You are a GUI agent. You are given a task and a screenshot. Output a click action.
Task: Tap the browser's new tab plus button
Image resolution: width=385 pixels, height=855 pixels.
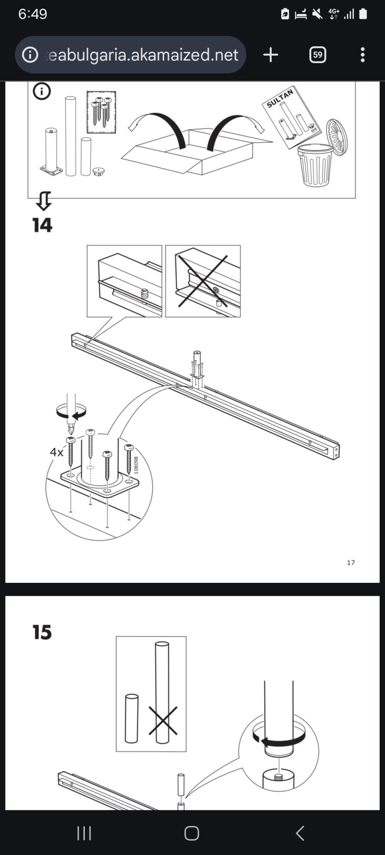[270, 55]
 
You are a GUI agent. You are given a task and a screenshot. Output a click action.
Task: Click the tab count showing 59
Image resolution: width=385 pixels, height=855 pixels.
[318, 55]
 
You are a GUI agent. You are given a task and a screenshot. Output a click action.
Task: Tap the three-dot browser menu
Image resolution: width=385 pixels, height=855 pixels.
[362, 55]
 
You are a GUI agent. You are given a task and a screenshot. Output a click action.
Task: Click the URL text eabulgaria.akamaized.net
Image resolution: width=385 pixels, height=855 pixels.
[142, 55]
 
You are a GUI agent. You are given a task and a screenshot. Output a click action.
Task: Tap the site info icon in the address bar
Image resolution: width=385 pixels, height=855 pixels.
[30, 55]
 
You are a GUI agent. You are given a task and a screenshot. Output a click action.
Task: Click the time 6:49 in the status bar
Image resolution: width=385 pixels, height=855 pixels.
[33, 14]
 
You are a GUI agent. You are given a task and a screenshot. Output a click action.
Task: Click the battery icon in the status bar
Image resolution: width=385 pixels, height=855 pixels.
[363, 14]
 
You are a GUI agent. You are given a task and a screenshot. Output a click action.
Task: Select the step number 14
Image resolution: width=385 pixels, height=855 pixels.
[42, 225]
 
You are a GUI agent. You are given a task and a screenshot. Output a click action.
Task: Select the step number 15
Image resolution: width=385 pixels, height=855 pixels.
[42, 632]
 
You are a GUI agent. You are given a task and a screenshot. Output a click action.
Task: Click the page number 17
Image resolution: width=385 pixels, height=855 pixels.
[351, 563]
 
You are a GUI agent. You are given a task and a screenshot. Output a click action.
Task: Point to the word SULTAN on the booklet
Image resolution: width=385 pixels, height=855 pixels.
[280, 98]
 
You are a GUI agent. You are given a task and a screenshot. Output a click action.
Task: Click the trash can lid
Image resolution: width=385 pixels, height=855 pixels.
[337, 137]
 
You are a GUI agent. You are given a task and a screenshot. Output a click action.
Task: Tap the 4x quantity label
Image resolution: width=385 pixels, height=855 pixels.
[56, 452]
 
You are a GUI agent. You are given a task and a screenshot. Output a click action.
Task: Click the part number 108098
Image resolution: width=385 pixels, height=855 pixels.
[136, 465]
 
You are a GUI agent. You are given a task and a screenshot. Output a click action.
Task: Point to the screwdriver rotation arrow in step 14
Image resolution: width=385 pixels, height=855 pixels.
[71, 412]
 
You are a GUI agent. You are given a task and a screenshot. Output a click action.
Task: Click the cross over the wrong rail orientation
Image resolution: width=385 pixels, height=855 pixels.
[203, 281]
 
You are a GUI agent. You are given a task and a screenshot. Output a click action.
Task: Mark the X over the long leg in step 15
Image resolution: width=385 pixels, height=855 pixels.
[163, 721]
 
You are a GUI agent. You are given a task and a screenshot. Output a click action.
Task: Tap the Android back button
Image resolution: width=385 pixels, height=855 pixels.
[300, 833]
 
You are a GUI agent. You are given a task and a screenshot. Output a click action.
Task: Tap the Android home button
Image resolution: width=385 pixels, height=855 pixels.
[192, 833]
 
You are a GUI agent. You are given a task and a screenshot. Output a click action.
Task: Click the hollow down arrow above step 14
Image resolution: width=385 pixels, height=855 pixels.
[43, 201]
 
